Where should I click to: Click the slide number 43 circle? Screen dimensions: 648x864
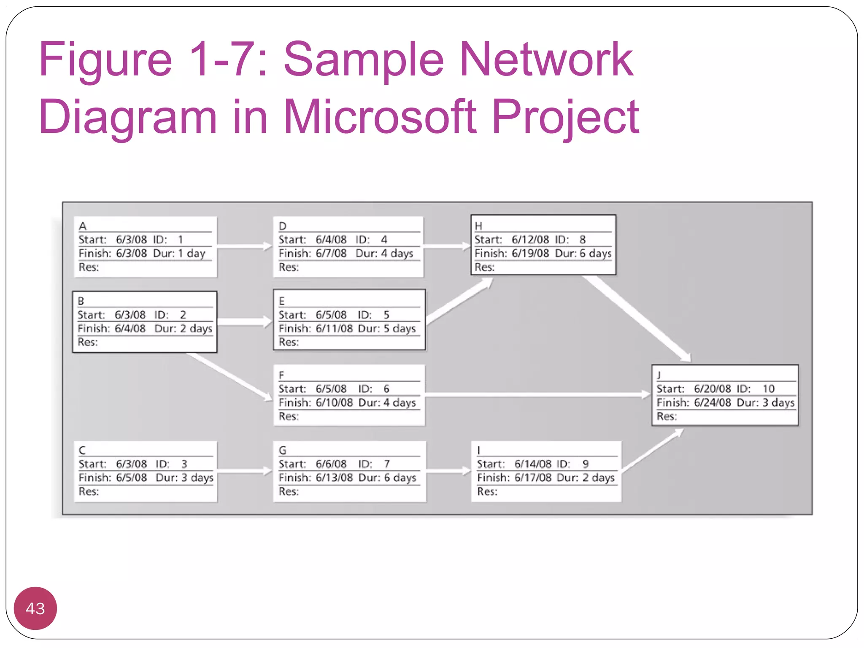[35, 608]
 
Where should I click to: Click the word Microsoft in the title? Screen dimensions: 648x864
[380, 117]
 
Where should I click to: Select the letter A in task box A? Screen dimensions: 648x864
[83, 226]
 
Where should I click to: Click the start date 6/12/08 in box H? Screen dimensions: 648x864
[530, 240]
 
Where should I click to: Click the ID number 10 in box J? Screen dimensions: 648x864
[768, 389]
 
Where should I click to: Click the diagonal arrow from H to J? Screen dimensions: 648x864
[637, 319]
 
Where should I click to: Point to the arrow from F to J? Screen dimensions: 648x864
[538, 395]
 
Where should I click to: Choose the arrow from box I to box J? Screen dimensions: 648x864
[652, 450]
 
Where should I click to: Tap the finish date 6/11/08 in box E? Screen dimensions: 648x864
[334, 328]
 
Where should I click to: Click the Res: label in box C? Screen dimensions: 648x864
[89, 491]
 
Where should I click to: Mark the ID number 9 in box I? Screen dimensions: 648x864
[585, 464]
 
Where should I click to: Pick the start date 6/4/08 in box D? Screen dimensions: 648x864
[331, 240]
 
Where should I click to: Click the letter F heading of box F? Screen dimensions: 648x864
[281, 375]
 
